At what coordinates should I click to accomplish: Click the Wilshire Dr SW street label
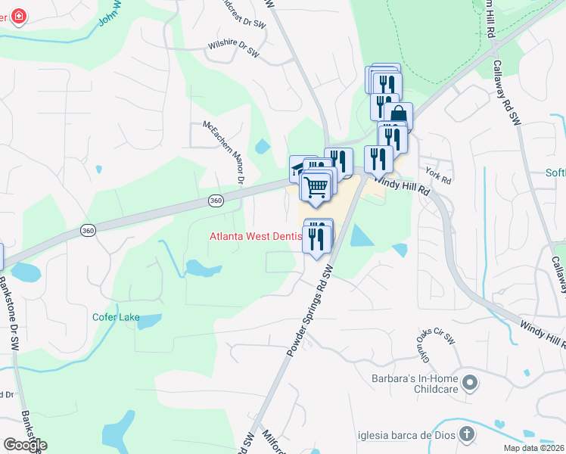coord(238,47)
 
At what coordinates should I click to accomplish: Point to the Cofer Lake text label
coord(116,317)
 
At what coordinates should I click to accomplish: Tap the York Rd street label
coord(438,176)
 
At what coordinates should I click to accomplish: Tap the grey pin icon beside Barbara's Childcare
coord(470,383)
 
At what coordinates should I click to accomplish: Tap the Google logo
coord(25,444)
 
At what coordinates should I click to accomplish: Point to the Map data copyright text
coord(534,448)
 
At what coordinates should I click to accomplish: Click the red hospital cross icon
coord(17,16)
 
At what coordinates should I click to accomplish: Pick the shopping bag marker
coord(398,116)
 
